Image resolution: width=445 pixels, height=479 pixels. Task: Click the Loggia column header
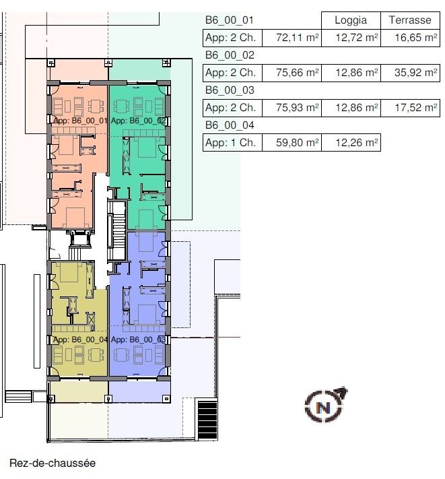point(351,20)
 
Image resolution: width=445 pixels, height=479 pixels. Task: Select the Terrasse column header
point(409,20)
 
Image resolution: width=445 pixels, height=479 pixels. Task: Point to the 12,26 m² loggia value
point(351,143)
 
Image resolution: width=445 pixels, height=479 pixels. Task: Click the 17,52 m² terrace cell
point(409,108)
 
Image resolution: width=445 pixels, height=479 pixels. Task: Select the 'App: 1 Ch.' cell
point(231,143)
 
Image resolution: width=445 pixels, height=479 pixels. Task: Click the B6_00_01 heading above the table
point(224,20)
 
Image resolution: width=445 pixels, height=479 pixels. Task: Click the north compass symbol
point(324,405)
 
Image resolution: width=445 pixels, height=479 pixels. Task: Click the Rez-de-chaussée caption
point(53,464)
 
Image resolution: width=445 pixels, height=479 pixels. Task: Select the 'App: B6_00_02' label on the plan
point(138,121)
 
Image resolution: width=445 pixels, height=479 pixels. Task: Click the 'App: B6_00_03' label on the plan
point(138,340)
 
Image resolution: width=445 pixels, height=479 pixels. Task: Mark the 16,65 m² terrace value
point(409,38)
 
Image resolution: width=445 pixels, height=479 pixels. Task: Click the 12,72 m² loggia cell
point(351,38)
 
